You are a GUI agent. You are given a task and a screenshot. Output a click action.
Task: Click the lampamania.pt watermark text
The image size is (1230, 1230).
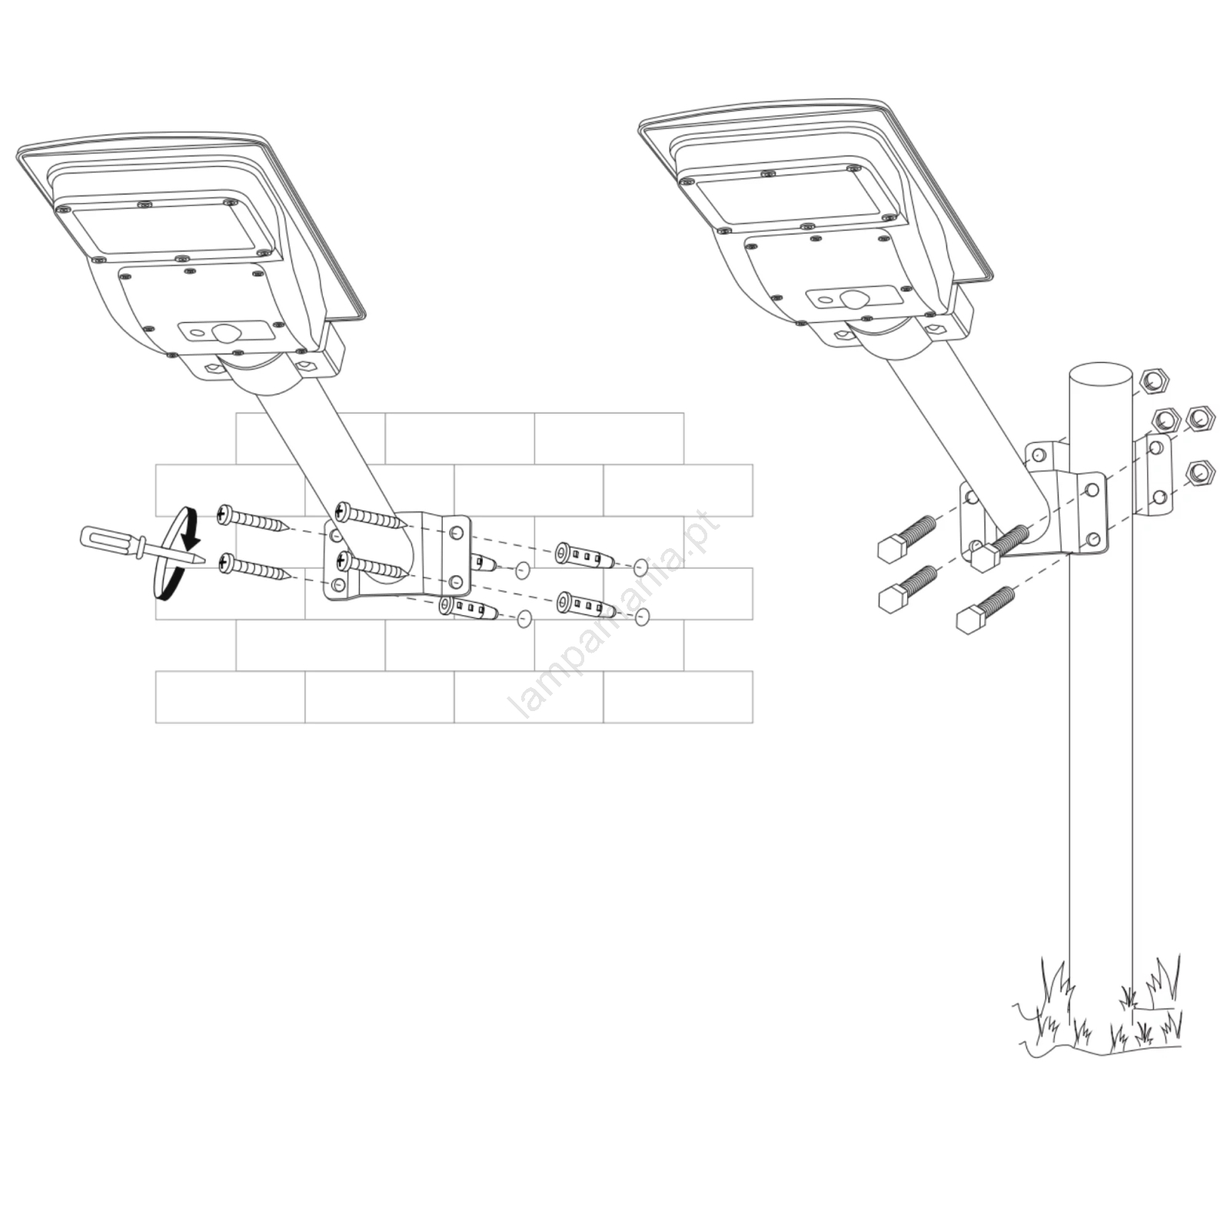point(615,615)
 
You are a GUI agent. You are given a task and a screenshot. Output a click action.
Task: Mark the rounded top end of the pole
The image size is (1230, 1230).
point(1100,377)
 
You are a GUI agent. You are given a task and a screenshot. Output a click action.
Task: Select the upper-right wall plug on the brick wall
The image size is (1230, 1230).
point(584,555)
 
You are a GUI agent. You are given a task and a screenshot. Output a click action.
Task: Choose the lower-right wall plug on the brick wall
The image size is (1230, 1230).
point(587,605)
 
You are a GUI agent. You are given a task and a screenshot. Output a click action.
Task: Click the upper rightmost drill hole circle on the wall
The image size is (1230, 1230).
point(640,568)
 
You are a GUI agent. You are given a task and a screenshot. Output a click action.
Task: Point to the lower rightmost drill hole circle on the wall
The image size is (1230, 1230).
point(643,616)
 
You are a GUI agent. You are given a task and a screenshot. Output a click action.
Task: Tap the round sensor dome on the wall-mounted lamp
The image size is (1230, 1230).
point(225,333)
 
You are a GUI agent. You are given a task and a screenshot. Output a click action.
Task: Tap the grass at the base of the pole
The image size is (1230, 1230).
point(1099,1015)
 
